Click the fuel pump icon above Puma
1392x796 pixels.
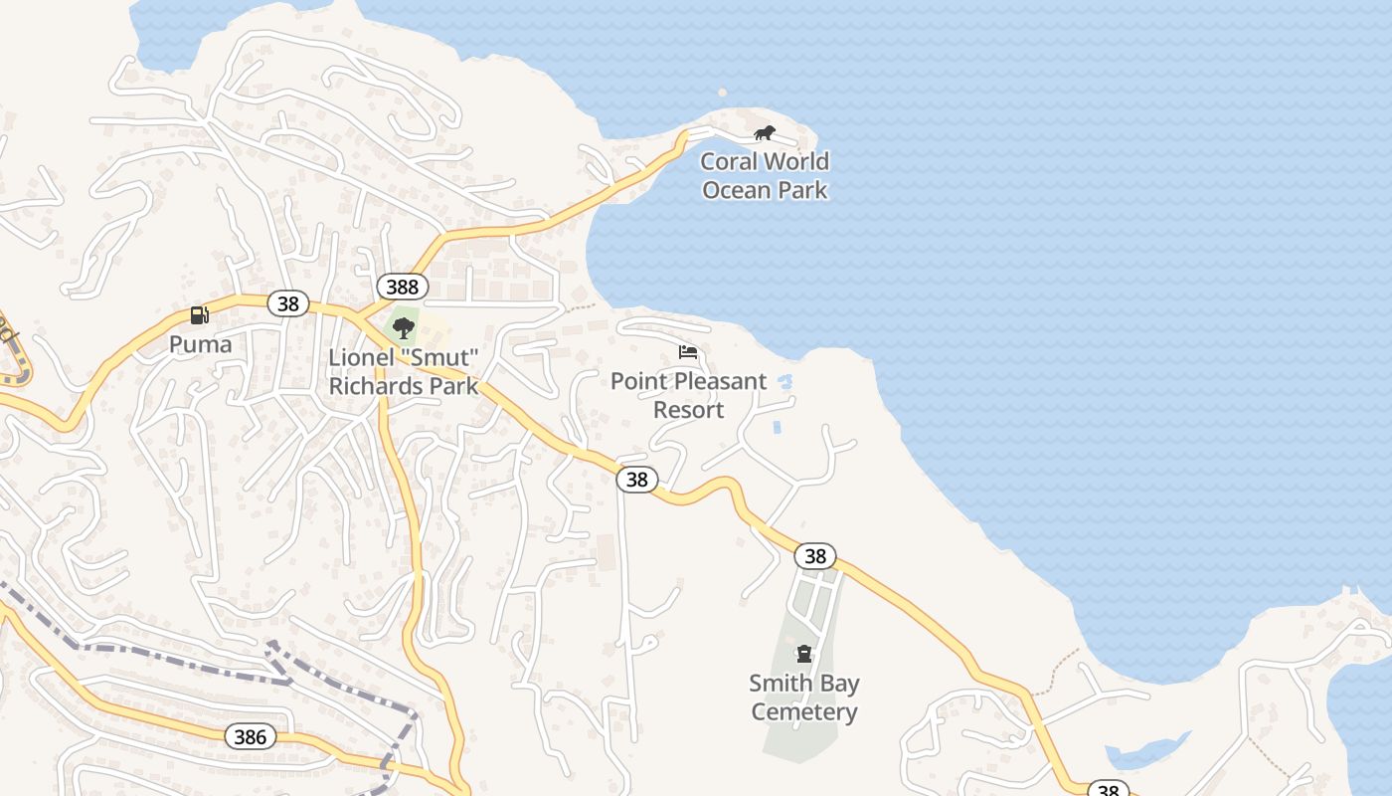[200, 315]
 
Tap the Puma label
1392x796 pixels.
[200, 344]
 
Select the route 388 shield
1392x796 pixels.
[402, 288]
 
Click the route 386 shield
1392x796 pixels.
[250, 736]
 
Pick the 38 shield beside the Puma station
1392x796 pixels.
[287, 303]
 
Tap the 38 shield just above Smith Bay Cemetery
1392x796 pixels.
[814, 556]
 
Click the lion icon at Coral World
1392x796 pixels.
[764, 133]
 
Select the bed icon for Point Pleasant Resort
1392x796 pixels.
[688, 352]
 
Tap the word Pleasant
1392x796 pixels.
[716, 381]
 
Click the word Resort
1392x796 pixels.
[688, 409]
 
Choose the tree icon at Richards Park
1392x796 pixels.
[403, 327]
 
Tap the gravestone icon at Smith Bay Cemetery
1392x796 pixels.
[803, 654]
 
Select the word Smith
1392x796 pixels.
[778, 684]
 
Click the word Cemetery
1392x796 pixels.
[803, 711]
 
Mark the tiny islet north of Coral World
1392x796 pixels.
[722, 93]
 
